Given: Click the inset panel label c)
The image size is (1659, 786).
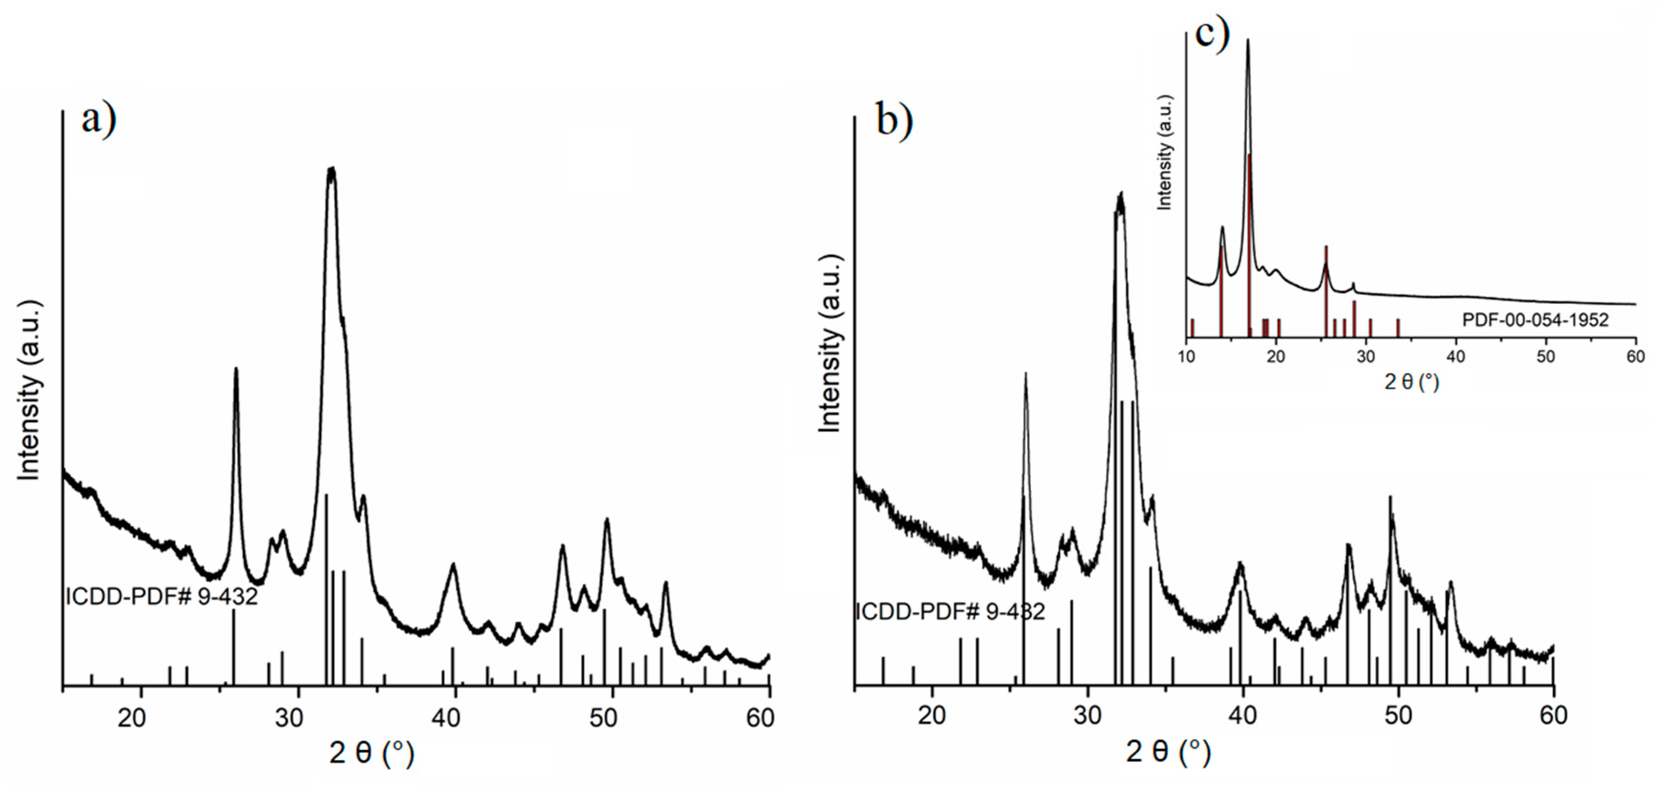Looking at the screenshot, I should click(x=1212, y=32).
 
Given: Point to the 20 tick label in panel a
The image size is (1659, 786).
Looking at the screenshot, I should click(x=132, y=716).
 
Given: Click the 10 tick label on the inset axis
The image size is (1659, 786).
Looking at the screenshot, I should click(x=1186, y=356).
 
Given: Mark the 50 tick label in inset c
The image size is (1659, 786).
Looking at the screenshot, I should click(x=1545, y=356).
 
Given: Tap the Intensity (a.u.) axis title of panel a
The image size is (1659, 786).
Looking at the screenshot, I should click(x=29, y=390).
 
